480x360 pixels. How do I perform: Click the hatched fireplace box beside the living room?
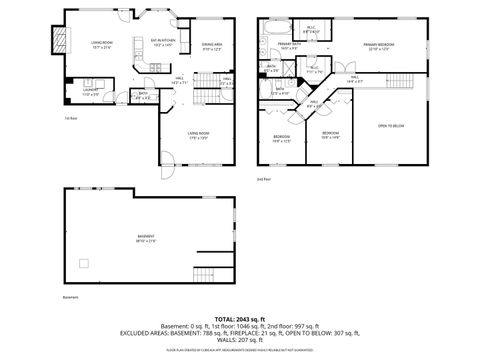pos(54,40)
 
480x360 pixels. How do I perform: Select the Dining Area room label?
pos(211,46)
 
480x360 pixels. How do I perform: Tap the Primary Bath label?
pos(291,45)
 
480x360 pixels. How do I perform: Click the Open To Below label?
pos(391,125)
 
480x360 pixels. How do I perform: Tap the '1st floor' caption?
pos(70,118)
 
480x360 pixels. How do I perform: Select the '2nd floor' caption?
pos(263,179)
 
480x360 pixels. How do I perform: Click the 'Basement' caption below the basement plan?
pos(70,297)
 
